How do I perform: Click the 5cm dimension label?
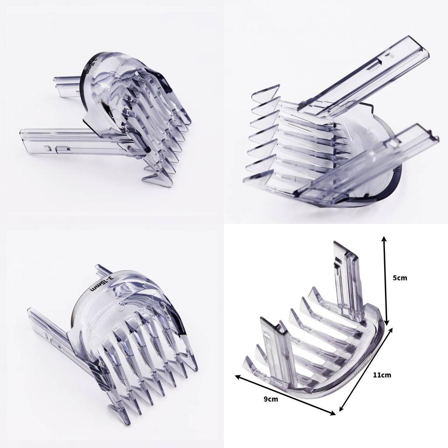point(400,278)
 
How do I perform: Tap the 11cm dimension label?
point(382,375)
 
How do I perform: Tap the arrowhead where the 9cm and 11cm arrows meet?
point(336,412)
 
